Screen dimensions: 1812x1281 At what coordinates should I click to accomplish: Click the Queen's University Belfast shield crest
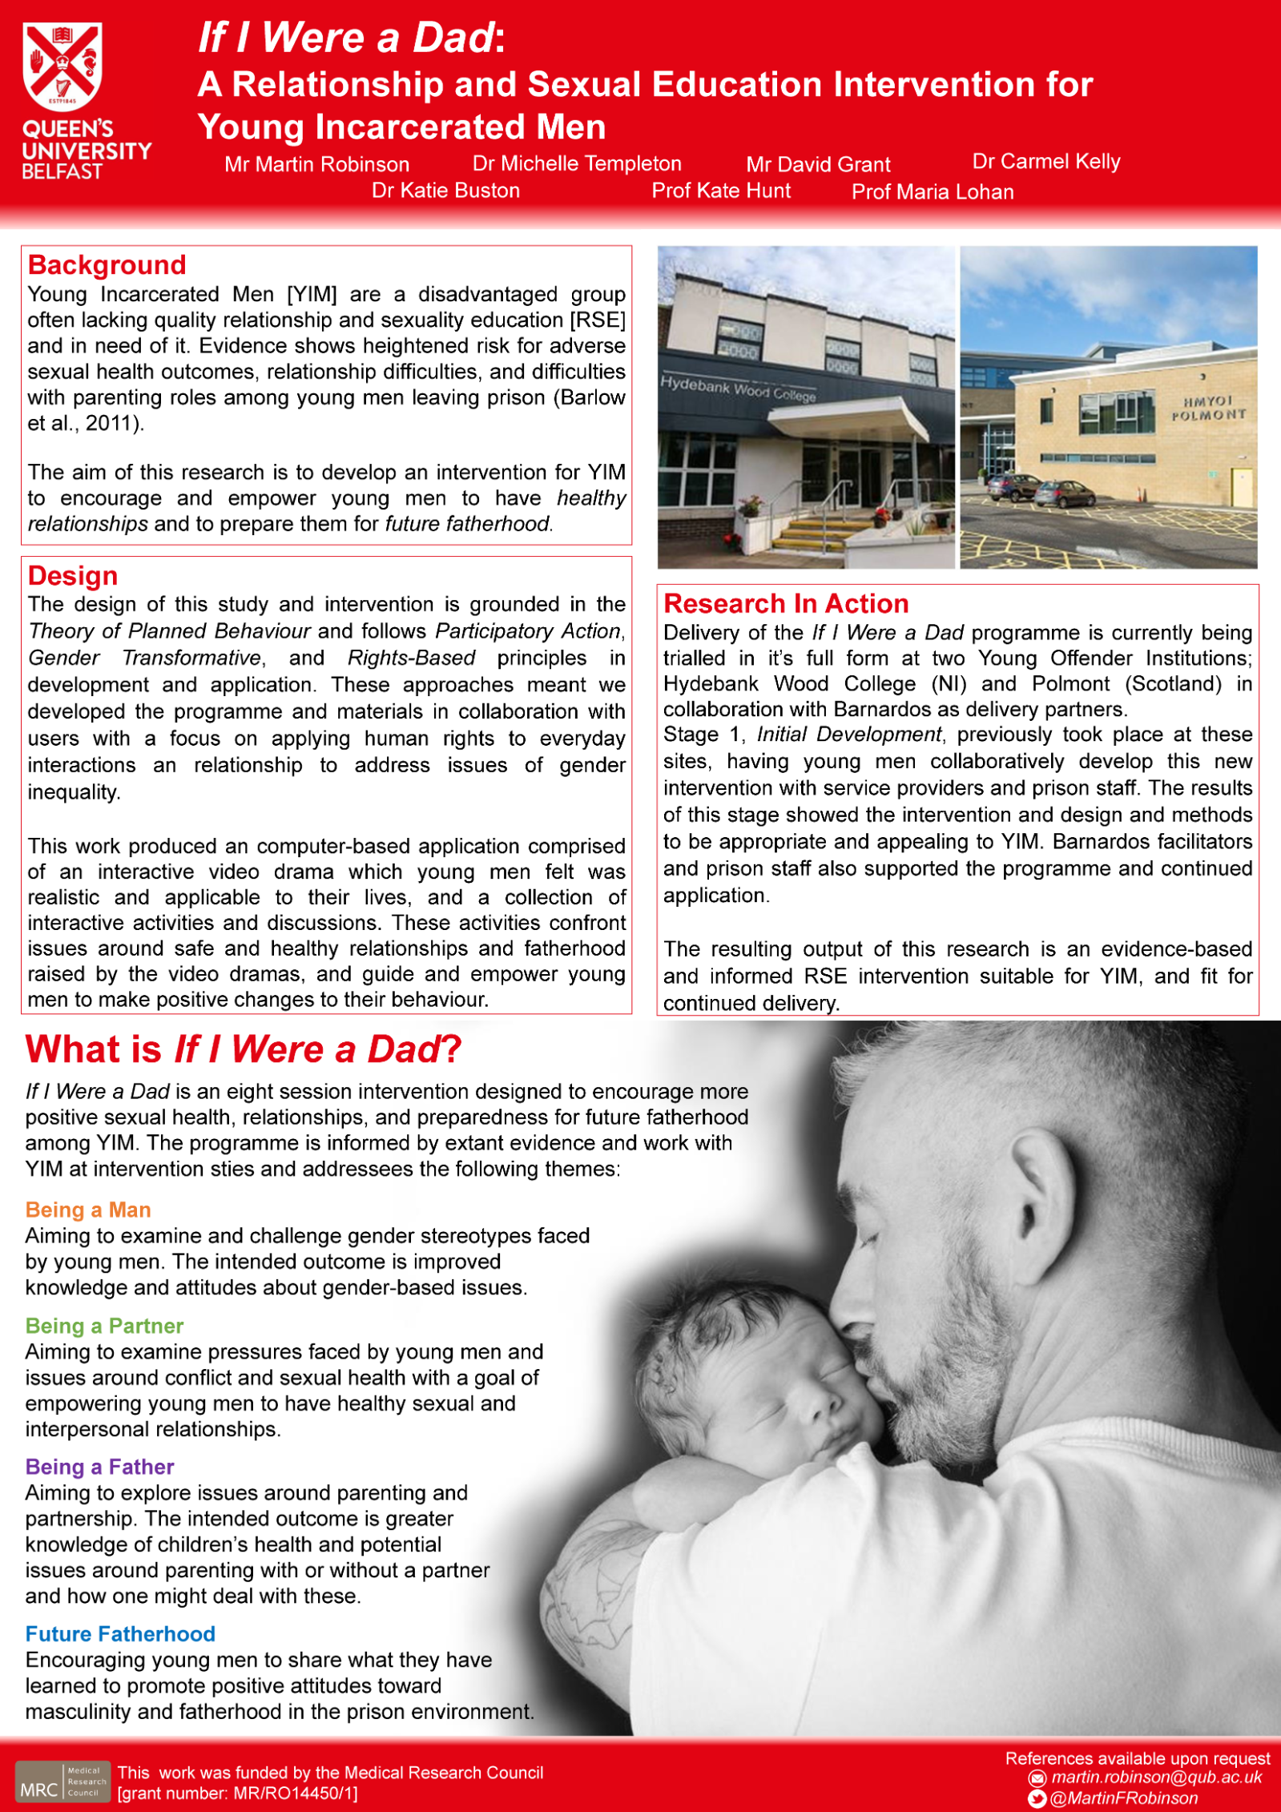click(62, 66)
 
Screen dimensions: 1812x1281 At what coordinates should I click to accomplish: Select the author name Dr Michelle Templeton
click(577, 163)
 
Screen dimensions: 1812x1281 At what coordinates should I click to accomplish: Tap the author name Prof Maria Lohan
click(933, 191)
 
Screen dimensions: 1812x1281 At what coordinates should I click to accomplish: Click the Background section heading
click(107, 264)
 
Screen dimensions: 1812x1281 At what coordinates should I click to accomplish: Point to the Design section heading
click(73, 575)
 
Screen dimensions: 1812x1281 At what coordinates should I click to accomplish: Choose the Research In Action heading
click(786, 603)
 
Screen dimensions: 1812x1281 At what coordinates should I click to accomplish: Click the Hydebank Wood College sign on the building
click(738, 389)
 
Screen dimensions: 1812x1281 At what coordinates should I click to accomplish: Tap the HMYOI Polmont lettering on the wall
click(1208, 408)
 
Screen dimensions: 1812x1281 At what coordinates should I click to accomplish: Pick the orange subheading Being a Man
click(88, 1210)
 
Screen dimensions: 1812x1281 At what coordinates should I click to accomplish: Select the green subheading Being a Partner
click(104, 1326)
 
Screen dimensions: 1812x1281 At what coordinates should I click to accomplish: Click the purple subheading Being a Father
click(99, 1467)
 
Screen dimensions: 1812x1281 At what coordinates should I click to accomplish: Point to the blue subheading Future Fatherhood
click(120, 1633)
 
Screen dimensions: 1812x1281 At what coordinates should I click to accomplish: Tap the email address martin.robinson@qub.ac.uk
click(1156, 1778)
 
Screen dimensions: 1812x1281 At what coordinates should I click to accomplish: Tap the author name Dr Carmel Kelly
click(1045, 161)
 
